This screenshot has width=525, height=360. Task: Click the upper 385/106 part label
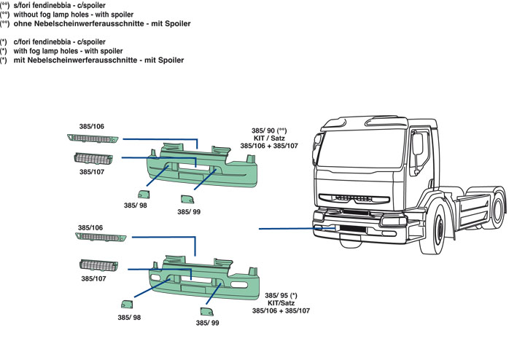[x=92, y=127]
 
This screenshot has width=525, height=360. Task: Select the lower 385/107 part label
[x=93, y=278]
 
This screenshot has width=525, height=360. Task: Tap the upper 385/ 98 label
[x=136, y=206]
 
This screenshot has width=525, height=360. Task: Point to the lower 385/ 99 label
[x=206, y=322]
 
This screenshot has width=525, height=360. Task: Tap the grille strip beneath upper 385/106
[x=92, y=138]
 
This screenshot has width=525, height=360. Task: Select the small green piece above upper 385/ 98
[x=143, y=194]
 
